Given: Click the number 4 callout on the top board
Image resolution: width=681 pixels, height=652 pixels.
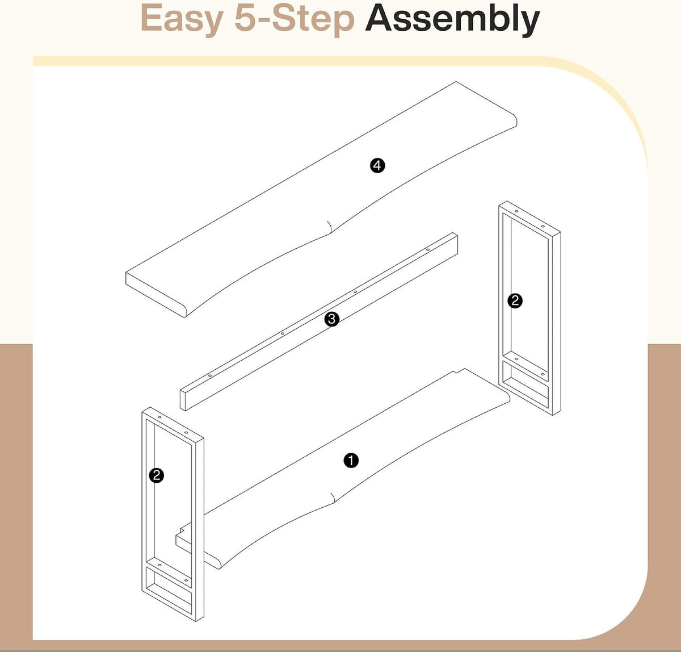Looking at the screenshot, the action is tap(377, 165).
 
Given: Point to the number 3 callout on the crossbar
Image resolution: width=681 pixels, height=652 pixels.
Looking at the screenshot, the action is tap(332, 319).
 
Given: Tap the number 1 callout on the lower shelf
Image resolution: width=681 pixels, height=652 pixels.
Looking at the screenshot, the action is tap(351, 461).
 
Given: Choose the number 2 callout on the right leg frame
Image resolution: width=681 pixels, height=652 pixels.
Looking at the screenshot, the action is tap(515, 301).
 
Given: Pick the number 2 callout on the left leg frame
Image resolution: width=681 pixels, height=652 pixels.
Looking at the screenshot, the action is tap(157, 475).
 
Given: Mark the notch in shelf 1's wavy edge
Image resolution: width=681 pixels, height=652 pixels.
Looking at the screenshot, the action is tap(334, 499).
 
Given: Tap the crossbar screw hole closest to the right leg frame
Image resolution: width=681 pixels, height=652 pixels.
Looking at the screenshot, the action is tap(427, 250).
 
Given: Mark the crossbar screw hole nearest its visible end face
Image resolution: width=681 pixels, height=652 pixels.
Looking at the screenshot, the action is tap(209, 376).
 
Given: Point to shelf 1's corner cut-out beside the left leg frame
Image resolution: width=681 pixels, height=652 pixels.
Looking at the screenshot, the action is tap(183, 537).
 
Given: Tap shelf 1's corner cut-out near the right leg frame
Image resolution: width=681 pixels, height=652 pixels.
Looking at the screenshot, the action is tap(459, 371).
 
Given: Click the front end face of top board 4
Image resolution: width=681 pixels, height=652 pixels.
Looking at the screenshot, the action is tap(156, 295).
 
